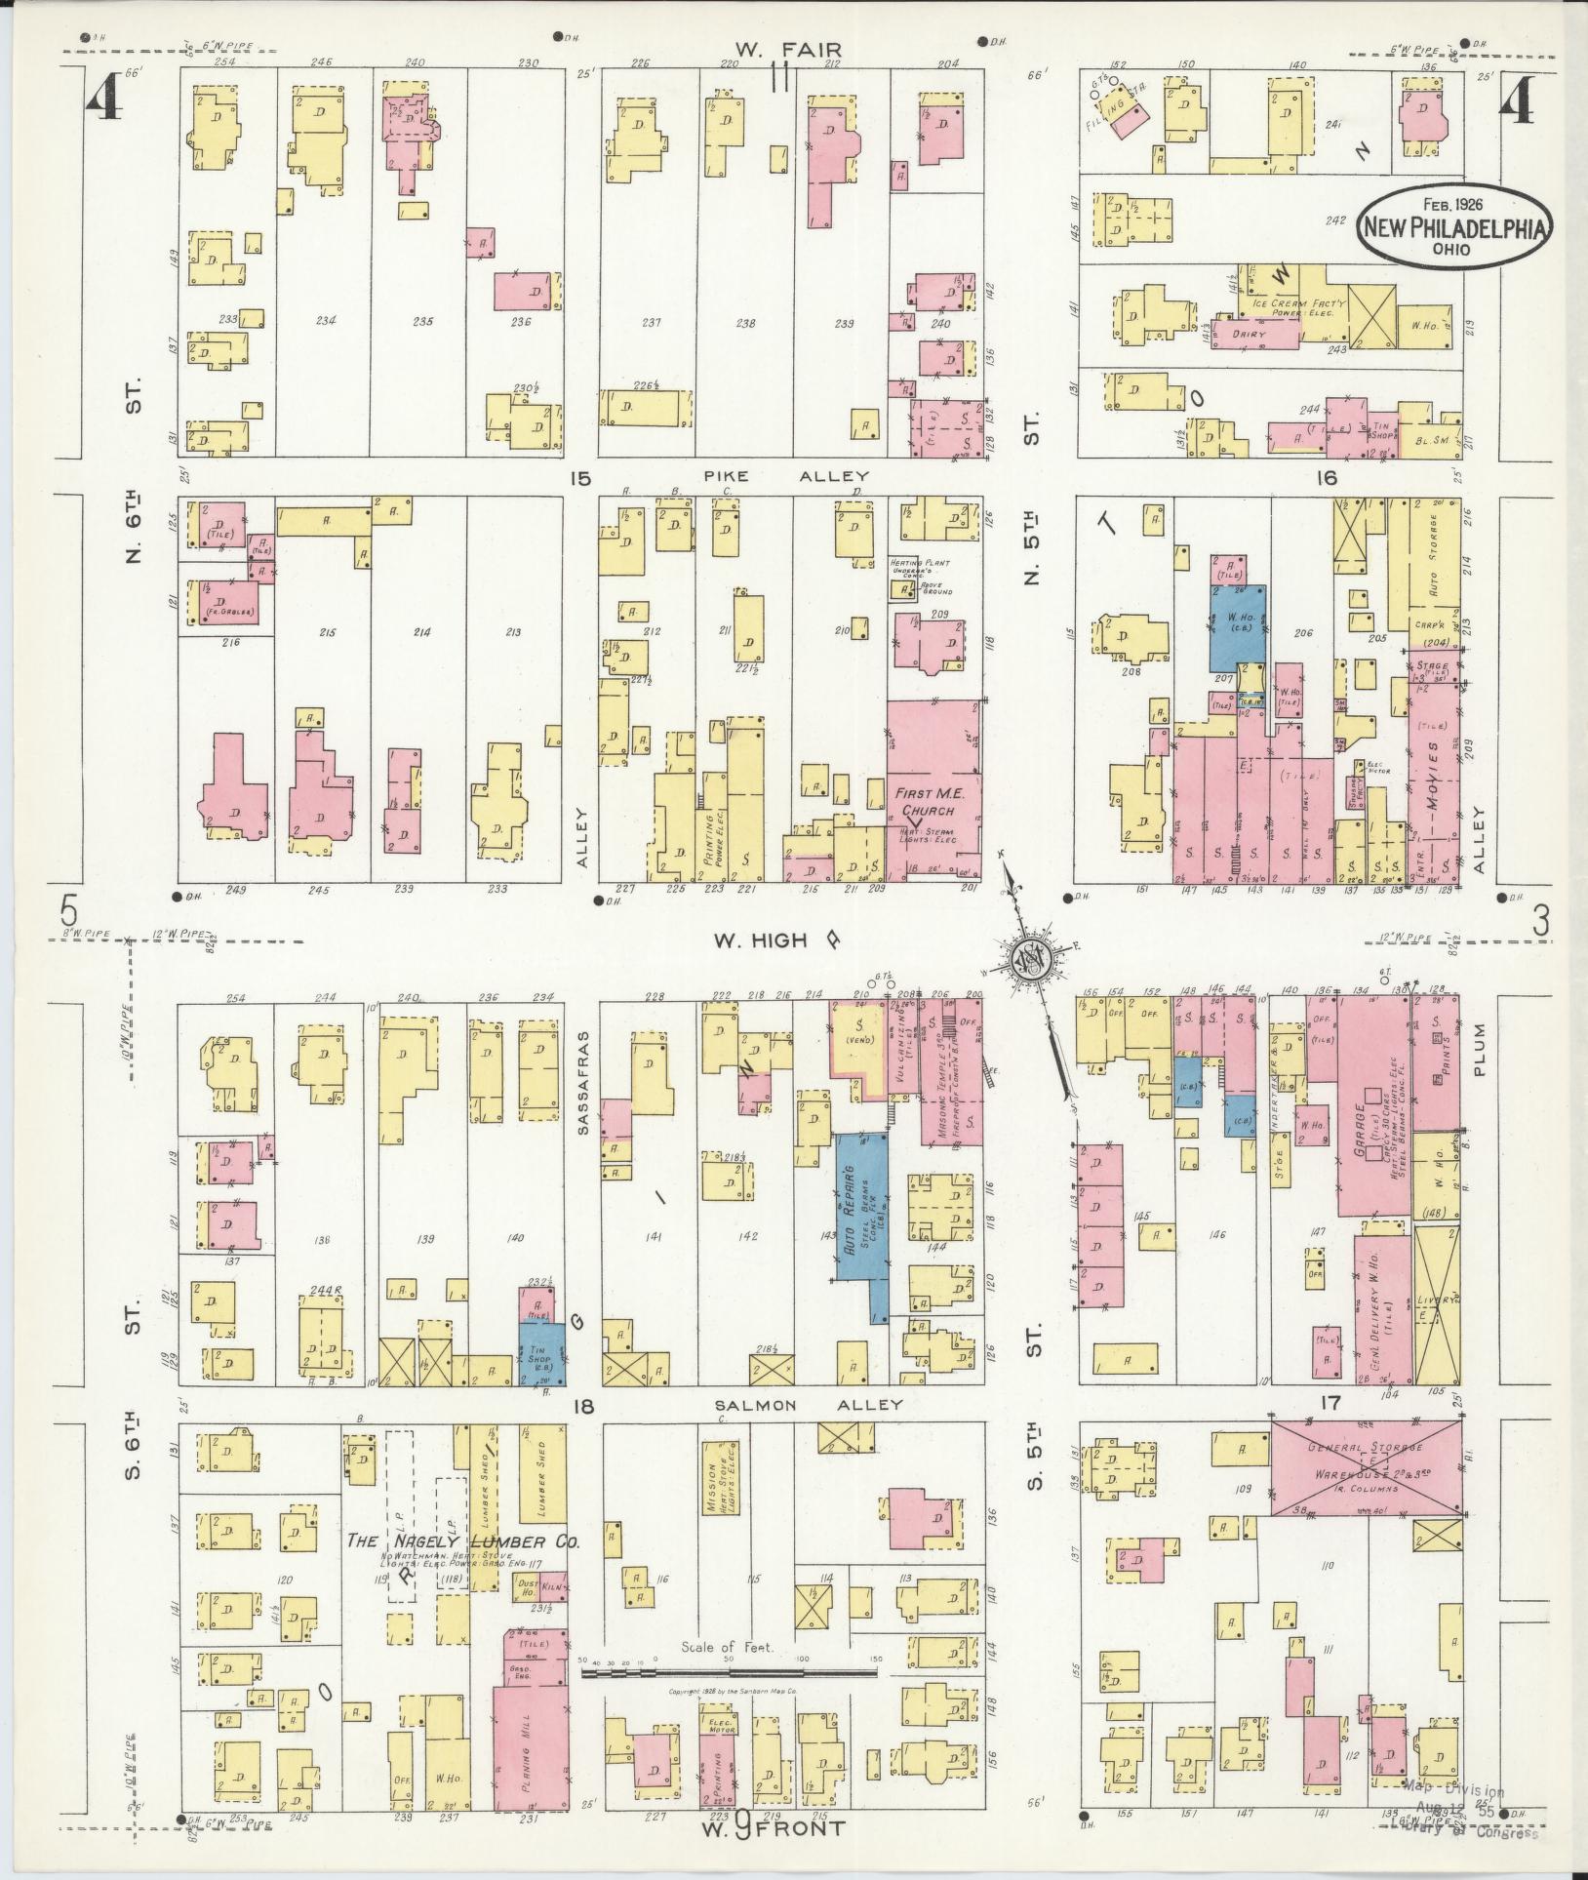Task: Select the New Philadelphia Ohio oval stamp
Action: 1453,226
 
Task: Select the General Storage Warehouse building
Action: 1366,1460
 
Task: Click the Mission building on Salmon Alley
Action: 720,1478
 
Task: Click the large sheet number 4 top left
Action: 104,100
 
